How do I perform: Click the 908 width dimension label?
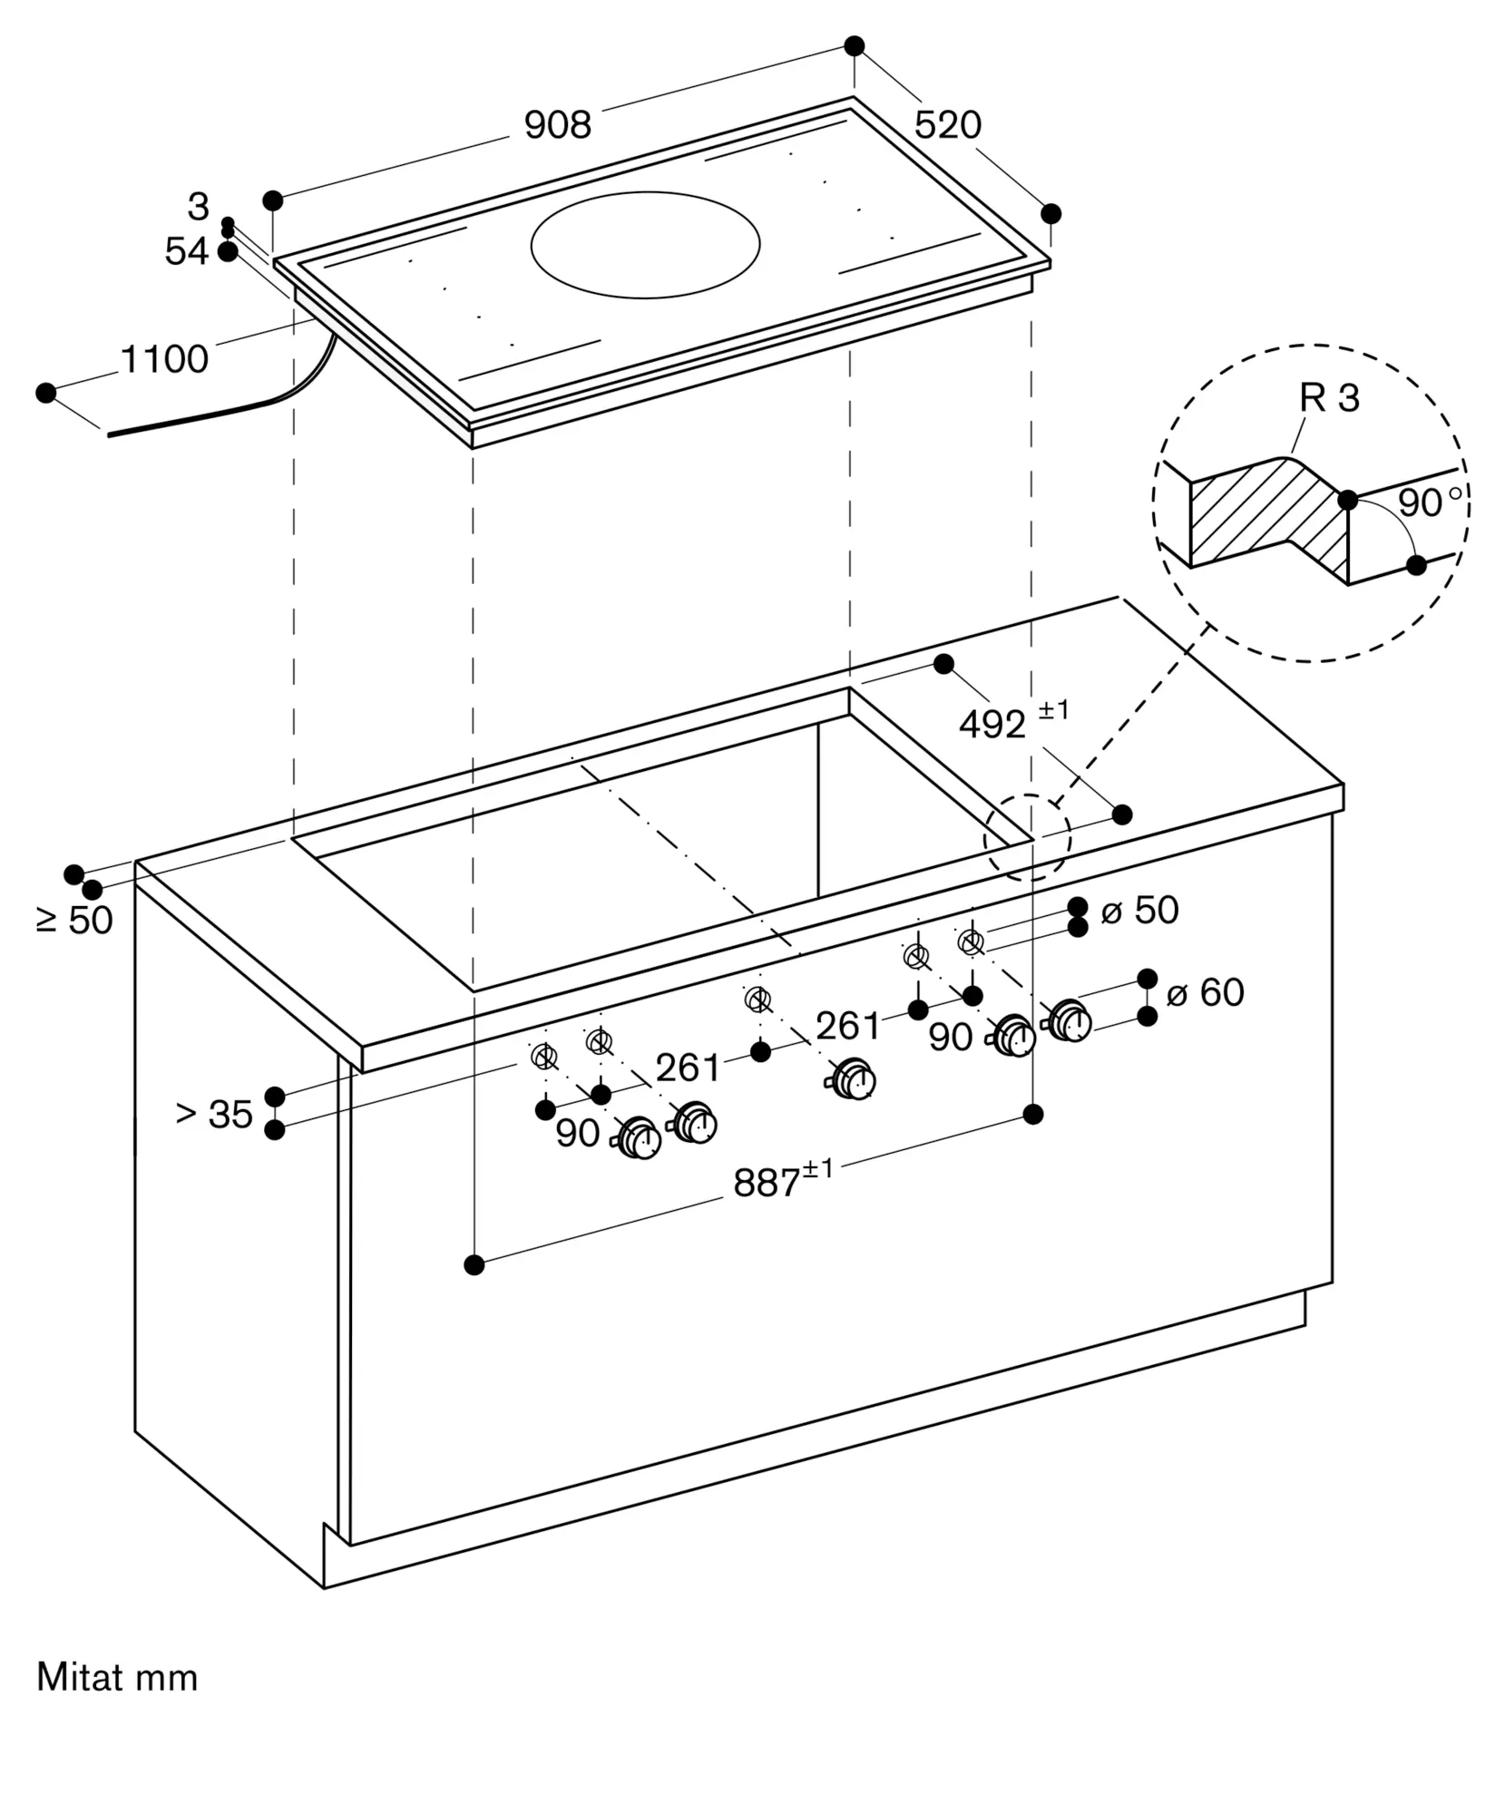click(557, 125)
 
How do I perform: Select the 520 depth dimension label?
click(947, 125)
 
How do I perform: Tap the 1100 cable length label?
click(164, 360)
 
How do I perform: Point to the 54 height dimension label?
click(186, 252)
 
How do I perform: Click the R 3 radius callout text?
click(1329, 398)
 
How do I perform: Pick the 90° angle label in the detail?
click(1429, 502)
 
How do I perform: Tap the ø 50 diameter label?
click(1139, 911)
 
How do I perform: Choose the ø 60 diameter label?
click(1205, 993)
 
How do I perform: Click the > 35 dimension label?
click(214, 1115)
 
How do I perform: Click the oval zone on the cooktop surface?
click(645, 245)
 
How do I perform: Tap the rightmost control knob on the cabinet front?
click(1070, 1020)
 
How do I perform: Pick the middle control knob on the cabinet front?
click(854, 1079)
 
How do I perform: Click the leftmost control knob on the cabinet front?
click(640, 1139)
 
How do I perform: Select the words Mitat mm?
click(117, 1678)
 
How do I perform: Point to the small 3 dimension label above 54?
click(198, 208)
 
